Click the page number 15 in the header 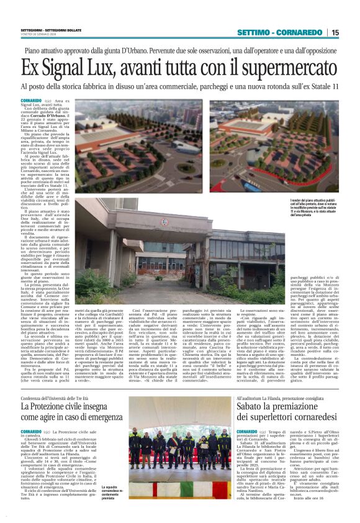point(335,32)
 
